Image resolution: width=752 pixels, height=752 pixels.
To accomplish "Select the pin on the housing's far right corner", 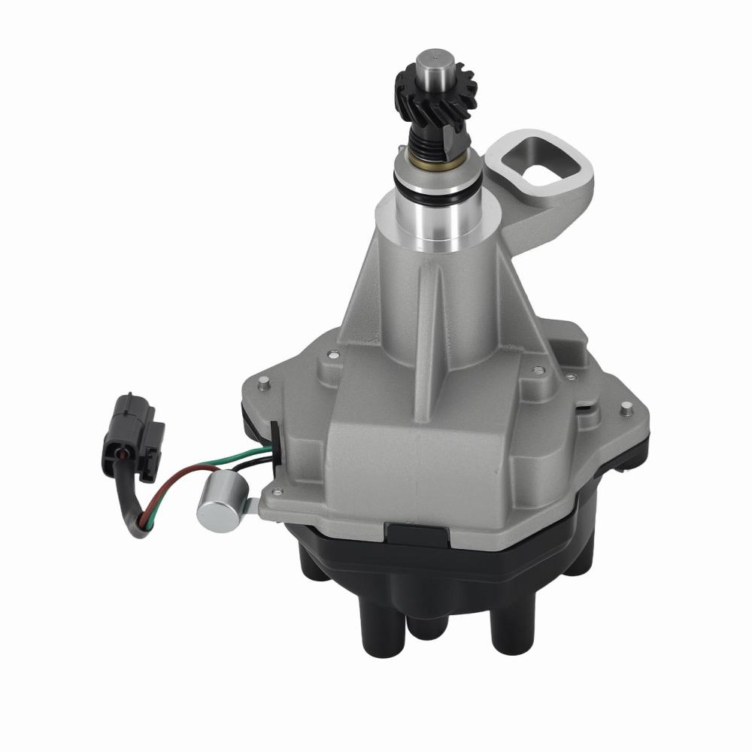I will coord(625,408).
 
